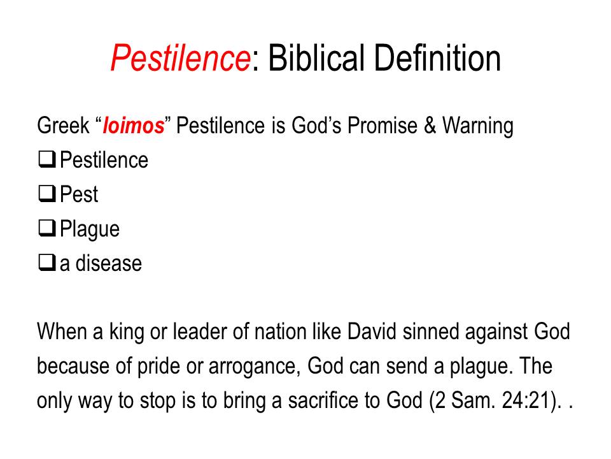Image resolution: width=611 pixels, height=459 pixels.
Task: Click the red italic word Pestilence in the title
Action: pyautogui.click(x=180, y=58)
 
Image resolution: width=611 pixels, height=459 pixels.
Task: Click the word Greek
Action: pyautogui.click(x=63, y=126)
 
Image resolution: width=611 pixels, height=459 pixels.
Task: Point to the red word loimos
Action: pyautogui.click(x=134, y=126)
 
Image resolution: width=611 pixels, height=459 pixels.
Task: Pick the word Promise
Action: pyautogui.click(x=383, y=126)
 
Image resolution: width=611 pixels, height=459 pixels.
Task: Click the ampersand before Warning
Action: pyautogui.click(x=430, y=126)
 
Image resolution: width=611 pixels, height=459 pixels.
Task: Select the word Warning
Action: pyautogui.click(x=478, y=126)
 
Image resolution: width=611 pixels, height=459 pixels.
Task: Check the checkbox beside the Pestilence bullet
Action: pyautogui.click(x=47, y=159)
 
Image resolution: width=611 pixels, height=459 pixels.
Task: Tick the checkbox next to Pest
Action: pyautogui.click(x=47, y=194)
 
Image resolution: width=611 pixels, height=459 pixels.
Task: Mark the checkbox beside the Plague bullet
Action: pyautogui.click(x=47, y=228)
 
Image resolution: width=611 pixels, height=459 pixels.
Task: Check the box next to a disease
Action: pyautogui.click(x=47, y=262)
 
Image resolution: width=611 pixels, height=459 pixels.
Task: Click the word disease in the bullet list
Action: pyautogui.click(x=109, y=263)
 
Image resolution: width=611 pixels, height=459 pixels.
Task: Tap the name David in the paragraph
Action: pyautogui.click(x=372, y=331)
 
